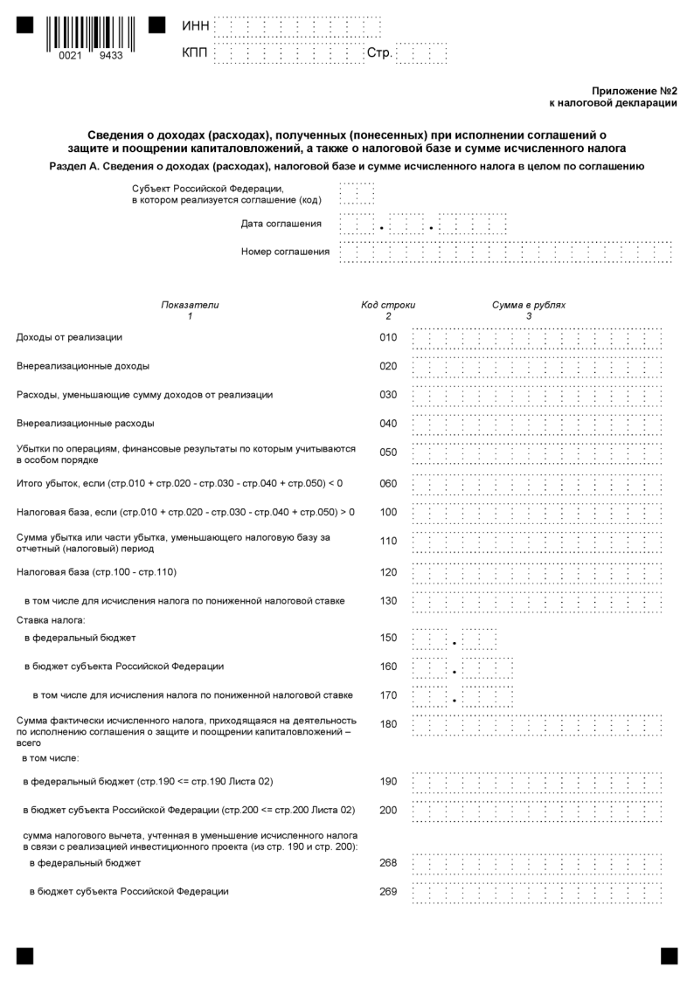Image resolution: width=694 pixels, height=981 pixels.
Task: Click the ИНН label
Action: [196, 27]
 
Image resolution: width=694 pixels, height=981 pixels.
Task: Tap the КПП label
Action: [196, 54]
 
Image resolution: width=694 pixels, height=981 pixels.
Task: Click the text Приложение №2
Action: [635, 90]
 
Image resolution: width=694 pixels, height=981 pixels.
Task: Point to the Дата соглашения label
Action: [281, 224]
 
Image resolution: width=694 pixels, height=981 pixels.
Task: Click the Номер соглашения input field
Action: [505, 252]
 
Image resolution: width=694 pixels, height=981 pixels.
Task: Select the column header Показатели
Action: [190, 305]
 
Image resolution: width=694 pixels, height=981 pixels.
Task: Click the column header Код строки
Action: [388, 305]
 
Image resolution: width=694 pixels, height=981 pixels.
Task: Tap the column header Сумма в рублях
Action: [529, 305]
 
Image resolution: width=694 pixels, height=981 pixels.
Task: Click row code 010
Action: [388, 337]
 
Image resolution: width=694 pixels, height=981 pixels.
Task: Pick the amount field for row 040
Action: [537, 424]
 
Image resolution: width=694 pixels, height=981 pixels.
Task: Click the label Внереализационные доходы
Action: [83, 366]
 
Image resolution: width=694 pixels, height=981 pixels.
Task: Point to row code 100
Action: [388, 511]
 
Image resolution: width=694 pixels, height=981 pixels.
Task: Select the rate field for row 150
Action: [454, 638]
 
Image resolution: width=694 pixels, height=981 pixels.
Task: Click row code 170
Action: [388, 695]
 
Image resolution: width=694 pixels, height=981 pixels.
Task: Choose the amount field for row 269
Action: [537, 892]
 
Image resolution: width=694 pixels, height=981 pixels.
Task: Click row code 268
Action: [388, 863]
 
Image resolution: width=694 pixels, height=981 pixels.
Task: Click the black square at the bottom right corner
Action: [669, 956]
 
